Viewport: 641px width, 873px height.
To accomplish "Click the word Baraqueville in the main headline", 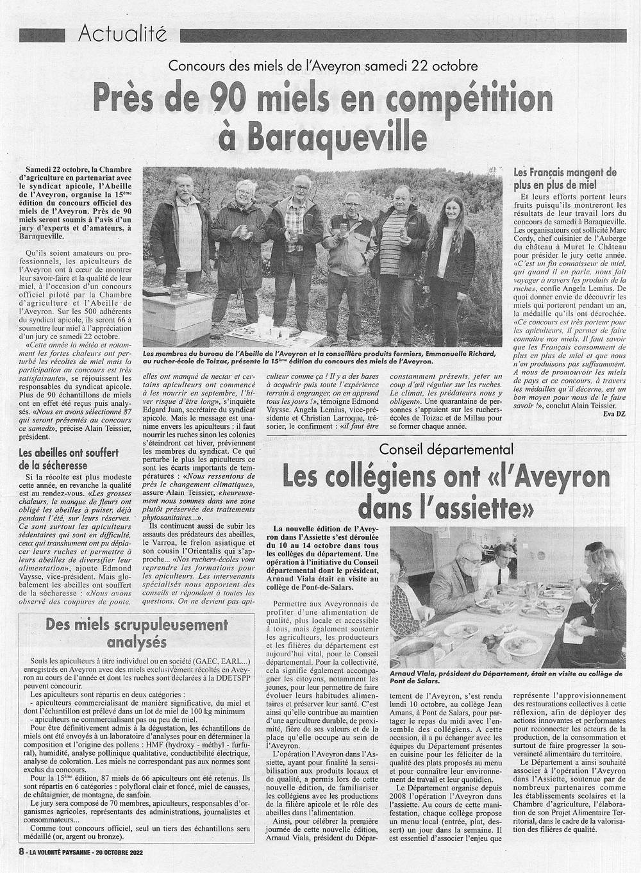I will pyautogui.click(x=322, y=137).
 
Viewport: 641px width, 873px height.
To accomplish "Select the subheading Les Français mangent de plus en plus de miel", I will pyautogui.click(x=565, y=179).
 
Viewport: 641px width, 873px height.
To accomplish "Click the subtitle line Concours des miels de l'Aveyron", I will pyautogui.click(x=322, y=65).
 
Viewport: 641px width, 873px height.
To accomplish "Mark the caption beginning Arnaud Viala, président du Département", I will pyautogui.click(x=505, y=678).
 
